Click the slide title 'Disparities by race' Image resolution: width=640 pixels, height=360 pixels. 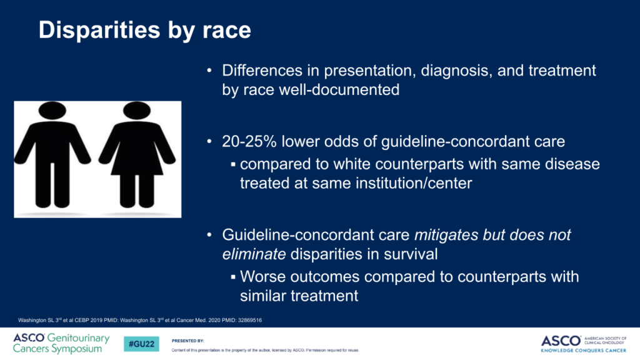point(144,31)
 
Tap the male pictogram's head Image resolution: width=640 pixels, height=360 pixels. point(52,111)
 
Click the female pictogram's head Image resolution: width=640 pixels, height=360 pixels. point(137,111)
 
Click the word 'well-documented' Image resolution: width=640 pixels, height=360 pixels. point(339,90)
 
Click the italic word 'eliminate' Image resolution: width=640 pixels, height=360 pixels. point(254,254)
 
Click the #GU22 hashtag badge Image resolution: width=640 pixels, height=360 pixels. point(141,344)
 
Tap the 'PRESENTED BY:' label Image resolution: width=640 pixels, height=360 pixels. point(187,341)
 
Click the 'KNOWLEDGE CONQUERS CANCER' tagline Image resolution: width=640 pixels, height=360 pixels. point(583,351)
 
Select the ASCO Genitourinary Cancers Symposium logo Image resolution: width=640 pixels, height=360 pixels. point(61,343)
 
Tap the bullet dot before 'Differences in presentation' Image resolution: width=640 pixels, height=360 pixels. point(209,71)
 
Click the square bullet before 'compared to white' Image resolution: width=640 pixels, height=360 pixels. point(233,164)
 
